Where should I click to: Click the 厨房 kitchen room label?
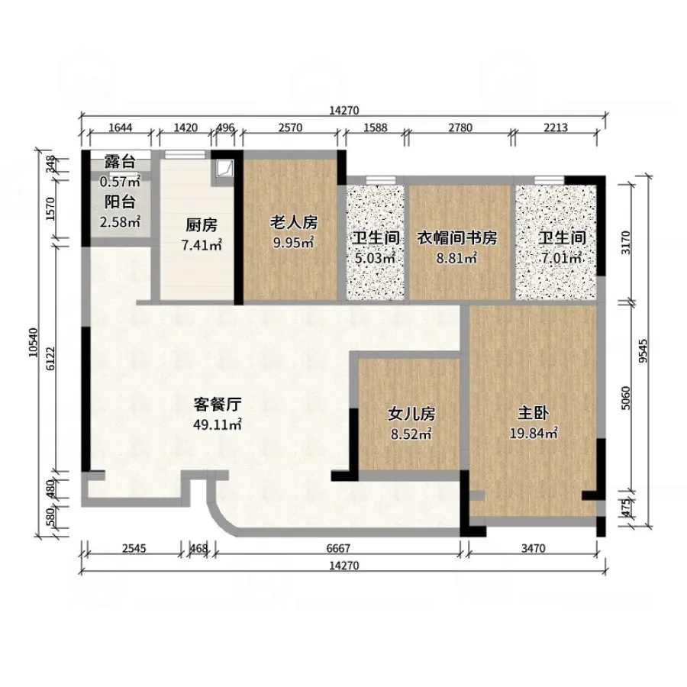click(202, 225)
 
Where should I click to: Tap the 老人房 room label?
click(293, 223)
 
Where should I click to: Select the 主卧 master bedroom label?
click(533, 413)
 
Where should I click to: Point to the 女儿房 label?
click(411, 414)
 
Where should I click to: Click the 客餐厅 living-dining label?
click(218, 405)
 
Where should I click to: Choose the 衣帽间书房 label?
click(456, 238)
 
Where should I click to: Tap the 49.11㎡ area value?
click(218, 424)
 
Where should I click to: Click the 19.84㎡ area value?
click(534, 434)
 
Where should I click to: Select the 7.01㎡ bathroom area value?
click(562, 258)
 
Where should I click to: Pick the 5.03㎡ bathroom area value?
click(375, 258)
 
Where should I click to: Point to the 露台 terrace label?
click(120, 162)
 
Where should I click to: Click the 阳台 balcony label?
click(120, 202)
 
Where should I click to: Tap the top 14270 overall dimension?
click(344, 111)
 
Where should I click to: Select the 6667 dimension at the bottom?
click(338, 548)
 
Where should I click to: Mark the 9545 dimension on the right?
click(643, 351)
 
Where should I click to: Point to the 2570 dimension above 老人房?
click(291, 127)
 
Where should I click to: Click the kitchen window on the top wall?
click(185, 154)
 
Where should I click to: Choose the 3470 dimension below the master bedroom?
click(534, 548)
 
